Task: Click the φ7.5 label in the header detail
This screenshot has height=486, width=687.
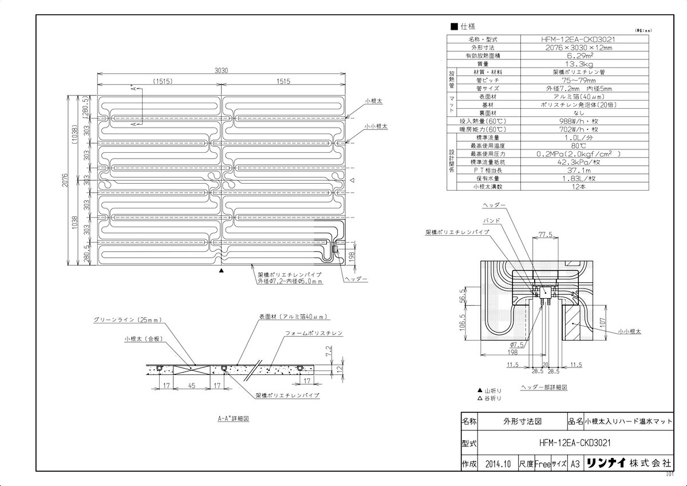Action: coord(520,345)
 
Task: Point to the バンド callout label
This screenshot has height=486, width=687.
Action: coord(492,220)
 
